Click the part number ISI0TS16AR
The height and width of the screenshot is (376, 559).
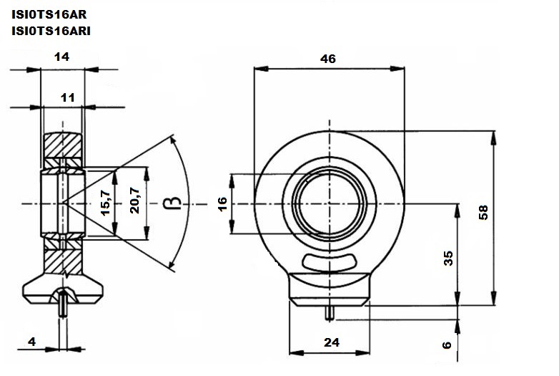(x=49, y=14)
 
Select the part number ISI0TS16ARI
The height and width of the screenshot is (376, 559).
(x=51, y=31)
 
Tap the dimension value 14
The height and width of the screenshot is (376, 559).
(x=61, y=57)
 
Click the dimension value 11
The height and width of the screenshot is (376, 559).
(x=67, y=97)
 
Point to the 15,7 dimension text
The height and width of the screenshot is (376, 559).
(x=106, y=203)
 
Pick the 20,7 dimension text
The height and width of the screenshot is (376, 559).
(x=135, y=201)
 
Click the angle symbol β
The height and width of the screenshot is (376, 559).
(x=172, y=203)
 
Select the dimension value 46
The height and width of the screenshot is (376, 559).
(x=328, y=59)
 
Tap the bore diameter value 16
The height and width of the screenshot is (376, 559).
(x=222, y=204)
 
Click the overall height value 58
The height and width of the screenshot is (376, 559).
(x=483, y=213)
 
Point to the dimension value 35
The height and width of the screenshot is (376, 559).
(x=448, y=258)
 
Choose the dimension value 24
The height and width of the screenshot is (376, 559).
(x=332, y=342)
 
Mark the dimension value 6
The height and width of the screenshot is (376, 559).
(x=447, y=345)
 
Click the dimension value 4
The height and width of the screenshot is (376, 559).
(x=31, y=342)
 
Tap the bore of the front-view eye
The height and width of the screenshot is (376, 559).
(x=330, y=203)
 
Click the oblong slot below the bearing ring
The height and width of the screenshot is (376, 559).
(x=330, y=262)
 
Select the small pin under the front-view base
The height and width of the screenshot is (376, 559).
(x=330, y=313)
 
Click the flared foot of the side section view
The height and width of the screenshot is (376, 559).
(x=63, y=289)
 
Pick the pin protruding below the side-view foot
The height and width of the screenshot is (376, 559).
(x=63, y=304)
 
